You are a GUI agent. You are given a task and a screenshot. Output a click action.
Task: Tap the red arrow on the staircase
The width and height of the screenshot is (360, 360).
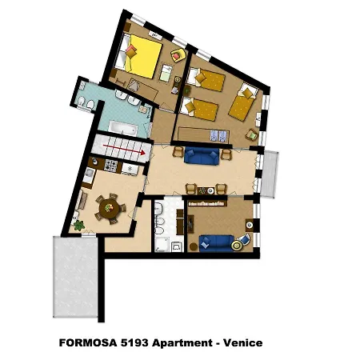pos(124,150)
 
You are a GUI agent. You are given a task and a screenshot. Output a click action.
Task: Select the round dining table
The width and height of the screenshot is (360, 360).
pos(110,208)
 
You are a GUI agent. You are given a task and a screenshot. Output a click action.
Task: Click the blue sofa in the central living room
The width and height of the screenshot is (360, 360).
pos(202,156)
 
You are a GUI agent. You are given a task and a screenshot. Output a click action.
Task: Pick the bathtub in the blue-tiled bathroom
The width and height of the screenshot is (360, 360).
pos(123,128)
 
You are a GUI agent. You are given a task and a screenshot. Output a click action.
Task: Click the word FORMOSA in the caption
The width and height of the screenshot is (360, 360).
pos(88,342)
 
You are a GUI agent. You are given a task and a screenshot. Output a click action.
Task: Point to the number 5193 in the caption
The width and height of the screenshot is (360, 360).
pos(134,342)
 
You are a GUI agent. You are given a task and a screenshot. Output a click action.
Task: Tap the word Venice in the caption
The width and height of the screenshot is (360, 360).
pos(242,342)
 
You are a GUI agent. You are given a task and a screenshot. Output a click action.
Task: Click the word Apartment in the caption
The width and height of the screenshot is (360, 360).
pos(182,343)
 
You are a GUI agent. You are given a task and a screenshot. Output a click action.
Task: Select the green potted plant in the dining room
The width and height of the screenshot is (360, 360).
pos(79,226)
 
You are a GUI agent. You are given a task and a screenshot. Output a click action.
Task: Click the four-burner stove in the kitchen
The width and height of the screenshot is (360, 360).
pos(110,166)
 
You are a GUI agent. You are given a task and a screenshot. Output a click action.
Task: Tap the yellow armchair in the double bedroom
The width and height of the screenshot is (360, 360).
pos(178,55)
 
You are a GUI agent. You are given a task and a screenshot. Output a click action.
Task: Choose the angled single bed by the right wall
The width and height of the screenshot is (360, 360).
pos(243,102)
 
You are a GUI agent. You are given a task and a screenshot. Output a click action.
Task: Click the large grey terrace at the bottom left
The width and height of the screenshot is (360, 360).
pos(75,277)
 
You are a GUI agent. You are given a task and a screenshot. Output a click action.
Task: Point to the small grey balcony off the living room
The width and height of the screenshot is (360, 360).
pos(270,174)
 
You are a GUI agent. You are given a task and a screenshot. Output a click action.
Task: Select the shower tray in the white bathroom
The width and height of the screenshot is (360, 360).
pos(162,244)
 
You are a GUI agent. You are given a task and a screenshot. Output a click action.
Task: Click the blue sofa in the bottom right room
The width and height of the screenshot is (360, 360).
pos(216,243)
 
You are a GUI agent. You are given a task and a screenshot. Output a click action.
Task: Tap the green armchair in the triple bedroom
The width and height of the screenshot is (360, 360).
pos(252,134)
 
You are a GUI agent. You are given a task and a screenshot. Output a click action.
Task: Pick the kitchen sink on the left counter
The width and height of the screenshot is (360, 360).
pos(88,175)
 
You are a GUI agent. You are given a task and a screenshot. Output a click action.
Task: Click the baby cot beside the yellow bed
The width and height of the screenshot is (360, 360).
pos(166,73)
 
